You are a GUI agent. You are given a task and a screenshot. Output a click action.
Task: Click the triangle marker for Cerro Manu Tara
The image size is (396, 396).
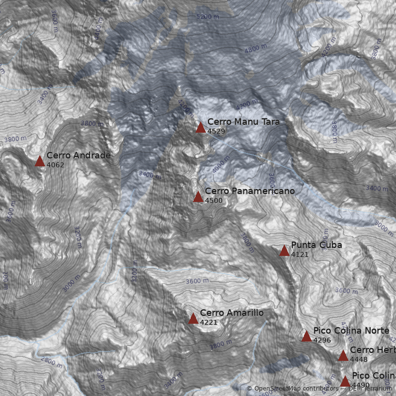200,128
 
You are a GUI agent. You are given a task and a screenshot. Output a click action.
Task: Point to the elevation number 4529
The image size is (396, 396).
216,131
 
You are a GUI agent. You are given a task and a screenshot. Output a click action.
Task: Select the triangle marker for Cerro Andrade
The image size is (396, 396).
40,161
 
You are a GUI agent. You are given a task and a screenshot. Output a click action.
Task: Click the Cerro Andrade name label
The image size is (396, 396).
78,155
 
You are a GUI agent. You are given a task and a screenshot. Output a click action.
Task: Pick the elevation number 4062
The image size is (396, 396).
55,165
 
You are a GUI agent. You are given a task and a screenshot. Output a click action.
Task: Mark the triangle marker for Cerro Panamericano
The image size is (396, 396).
198,197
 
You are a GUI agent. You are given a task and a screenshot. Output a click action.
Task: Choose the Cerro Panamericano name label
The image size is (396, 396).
249,191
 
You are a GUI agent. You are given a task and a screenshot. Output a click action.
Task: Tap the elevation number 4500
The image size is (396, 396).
214,200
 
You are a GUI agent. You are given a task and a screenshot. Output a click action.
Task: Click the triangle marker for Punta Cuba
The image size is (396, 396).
284,251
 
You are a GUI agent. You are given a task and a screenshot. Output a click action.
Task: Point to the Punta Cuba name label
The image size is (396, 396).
316,245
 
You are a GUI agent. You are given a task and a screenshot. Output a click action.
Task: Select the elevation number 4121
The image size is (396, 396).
300,254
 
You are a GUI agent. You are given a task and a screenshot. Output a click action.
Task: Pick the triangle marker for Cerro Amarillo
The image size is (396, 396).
193,318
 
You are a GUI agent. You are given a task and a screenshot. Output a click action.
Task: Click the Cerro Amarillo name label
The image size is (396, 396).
232,313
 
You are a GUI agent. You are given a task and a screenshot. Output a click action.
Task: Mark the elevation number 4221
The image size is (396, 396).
209,322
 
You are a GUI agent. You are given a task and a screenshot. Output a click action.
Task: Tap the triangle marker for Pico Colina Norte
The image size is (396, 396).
306,337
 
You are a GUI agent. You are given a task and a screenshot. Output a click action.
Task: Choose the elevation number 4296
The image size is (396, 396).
322,340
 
